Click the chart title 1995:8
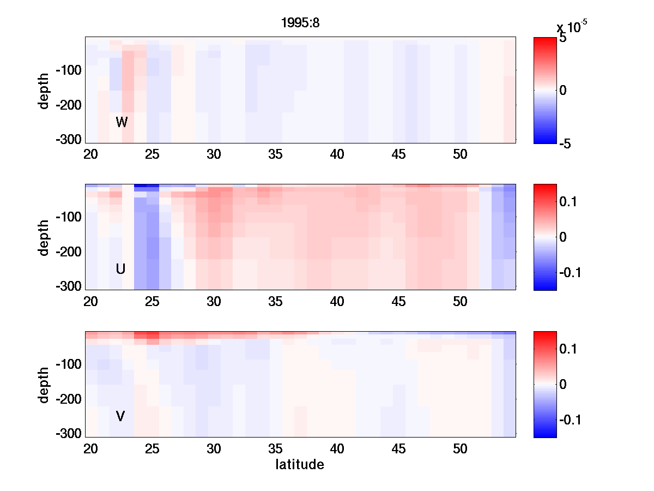pos(300,23)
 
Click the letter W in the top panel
pos(122,122)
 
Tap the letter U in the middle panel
pos(120,269)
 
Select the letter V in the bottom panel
pos(120,416)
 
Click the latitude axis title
pos(300,465)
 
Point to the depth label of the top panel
pos(44,90)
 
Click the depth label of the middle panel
pos(44,237)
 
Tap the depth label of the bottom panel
pos(44,385)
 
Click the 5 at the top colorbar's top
pos(562,39)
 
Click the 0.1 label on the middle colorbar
pos(570,202)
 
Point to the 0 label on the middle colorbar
pos(563,237)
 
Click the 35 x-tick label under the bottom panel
pos(275,449)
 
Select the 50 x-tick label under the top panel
pos(461,154)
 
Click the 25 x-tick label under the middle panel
pos(152,302)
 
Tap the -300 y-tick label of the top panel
pos(68,140)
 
